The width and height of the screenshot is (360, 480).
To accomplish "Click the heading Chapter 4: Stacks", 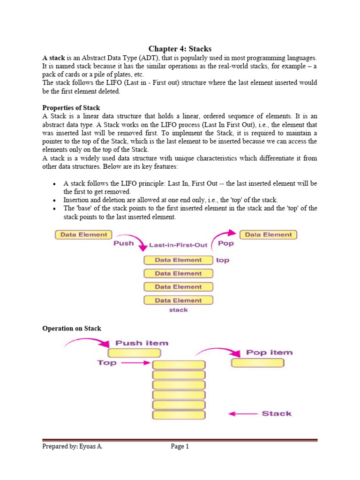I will point(180,48).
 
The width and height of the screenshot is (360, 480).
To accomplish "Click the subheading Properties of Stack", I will point(71,108).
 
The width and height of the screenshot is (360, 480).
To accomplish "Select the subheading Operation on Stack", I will point(72,329).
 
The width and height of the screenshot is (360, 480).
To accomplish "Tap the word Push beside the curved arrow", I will point(124,243).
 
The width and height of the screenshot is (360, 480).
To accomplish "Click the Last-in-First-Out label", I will point(179,245).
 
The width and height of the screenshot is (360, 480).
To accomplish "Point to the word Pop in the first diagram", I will point(226,243).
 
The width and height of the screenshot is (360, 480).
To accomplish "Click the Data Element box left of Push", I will point(84,234).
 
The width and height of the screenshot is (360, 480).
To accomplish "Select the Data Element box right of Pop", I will point(268,234).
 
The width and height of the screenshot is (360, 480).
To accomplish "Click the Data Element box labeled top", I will point(178,260).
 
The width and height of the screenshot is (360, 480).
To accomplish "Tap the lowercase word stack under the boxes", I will point(178,310).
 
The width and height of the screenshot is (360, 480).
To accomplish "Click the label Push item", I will point(135,343).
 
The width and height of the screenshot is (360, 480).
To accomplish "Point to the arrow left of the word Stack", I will point(243,413).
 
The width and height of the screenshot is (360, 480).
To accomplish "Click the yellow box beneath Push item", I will point(134,353).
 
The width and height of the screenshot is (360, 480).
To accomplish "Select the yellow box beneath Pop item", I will point(257,362).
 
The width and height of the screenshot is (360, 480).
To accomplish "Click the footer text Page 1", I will point(180,447).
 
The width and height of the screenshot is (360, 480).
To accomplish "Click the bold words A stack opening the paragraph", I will point(53,57).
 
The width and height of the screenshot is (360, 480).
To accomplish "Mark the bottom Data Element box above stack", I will point(178,300).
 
